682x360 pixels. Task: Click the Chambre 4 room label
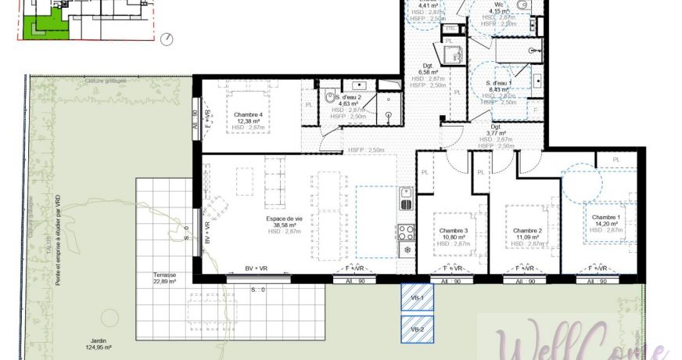248,115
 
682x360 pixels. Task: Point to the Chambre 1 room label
605,217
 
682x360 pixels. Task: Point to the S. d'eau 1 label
499,83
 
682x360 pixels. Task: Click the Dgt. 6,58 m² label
429,67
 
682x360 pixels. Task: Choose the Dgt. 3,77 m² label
496,127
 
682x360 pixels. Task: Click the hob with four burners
407,232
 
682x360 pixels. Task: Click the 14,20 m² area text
605,224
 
